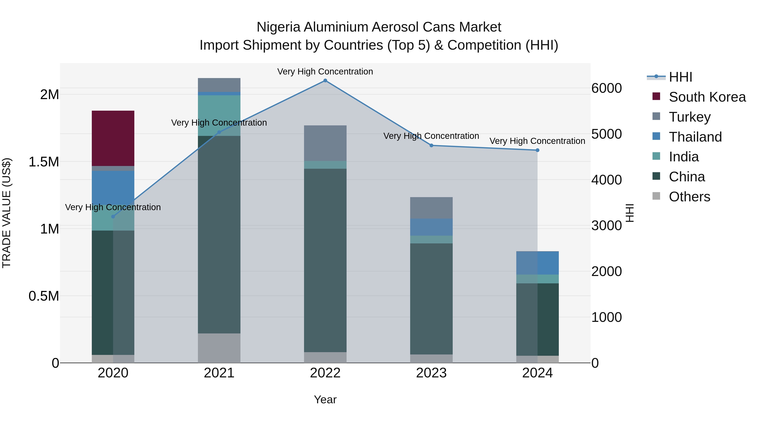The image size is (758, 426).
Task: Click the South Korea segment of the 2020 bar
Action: [x=113, y=138]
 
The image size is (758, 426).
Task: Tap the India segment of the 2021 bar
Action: [x=219, y=115]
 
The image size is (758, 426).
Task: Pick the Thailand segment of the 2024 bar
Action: [x=537, y=263]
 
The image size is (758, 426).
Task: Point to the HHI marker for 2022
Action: [x=325, y=81]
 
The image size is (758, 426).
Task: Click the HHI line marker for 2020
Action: [x=113, y=216]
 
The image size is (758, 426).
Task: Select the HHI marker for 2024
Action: [x=537, y=150]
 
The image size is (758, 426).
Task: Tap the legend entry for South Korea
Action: [x=707, y=97]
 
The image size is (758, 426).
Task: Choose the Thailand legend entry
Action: [x=695, y=137]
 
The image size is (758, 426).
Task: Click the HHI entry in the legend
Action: [x=680, y=77]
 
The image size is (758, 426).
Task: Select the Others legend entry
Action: [x=689, y=197]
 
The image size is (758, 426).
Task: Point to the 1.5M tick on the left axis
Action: [x=44, y=162]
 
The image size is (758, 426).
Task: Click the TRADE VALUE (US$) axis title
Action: [x=7, y=213]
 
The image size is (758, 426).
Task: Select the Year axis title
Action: [x=325, y=399]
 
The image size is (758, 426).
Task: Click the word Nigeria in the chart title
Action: [x=278, y=27]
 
